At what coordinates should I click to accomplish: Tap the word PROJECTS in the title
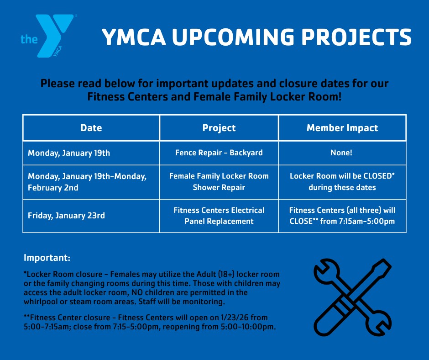pyautogui.click(x=356, y=37)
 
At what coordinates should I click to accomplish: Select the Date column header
pyautogui.click(x=91, y=128)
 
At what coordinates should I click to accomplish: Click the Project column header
pyautogui.click(x=219, y=128)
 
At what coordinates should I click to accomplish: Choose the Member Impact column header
pyautogui.click(x=342, y=128)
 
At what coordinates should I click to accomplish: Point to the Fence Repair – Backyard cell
pyautogui.click(x=219, y=153)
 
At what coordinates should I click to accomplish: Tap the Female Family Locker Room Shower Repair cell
pyautogui.click(x=219, y=182)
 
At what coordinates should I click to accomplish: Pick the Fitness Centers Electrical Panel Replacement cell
pyautogui.click(x=219, y=216)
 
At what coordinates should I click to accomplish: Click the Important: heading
pyautogui.click(x=47, y=258)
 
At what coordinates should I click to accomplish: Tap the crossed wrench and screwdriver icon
pyautogui.click(x=352, y=297)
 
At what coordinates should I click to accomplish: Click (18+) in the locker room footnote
pyautogui.click(x=226, y=274)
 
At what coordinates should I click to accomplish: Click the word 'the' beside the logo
pyautogui.click(x=29, y=39)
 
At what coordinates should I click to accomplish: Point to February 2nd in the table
pyautogui.click(x=53, y=188)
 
